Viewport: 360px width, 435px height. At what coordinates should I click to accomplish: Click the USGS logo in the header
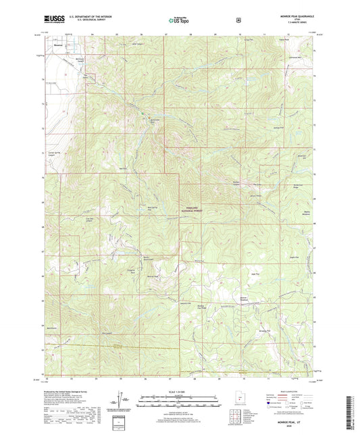[x=54, y=18]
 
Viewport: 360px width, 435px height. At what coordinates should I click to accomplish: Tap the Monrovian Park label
[x=155, y=121]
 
